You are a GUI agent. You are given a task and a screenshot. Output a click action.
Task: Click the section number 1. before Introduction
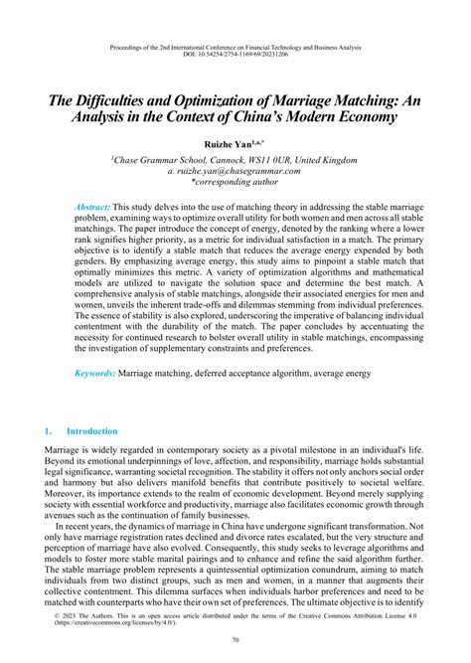[x=49, y=431]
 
